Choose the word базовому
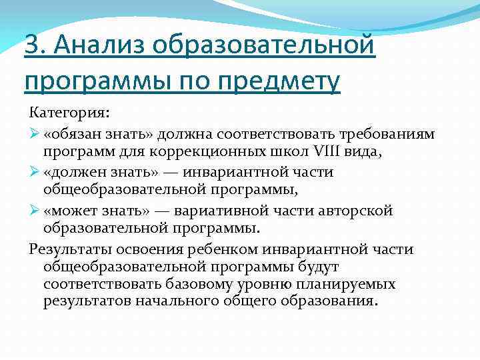point(210,284)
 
